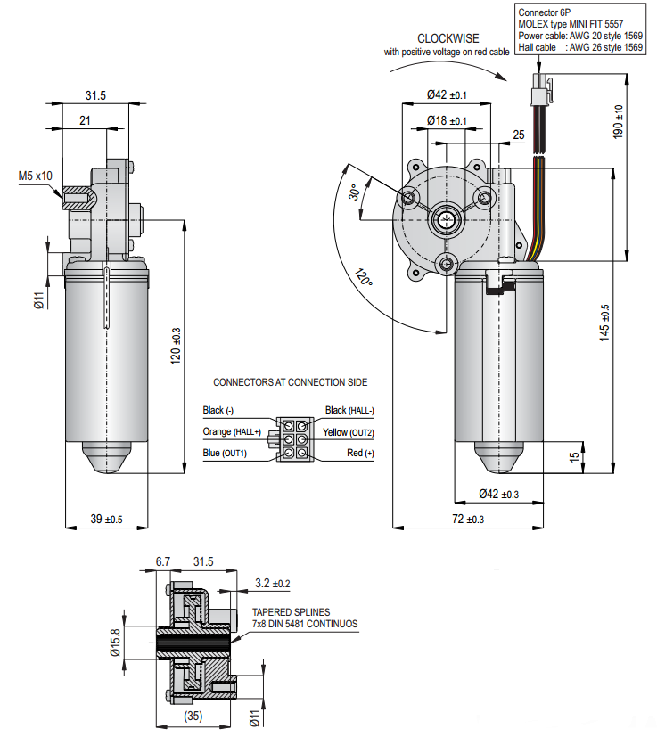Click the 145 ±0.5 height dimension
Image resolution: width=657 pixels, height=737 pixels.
(605, 323)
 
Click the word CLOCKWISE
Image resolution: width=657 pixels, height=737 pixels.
(448, 38)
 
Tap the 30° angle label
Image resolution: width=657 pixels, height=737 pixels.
(354, 194)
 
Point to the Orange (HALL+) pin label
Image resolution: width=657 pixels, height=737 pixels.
(233, 432)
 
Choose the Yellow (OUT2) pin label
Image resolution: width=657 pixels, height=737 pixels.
(349, 432)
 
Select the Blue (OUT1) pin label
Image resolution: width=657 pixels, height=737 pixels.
(225, 454)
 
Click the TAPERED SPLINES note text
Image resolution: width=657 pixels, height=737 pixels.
(291, 612)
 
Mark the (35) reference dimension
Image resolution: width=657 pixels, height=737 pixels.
(191, 716)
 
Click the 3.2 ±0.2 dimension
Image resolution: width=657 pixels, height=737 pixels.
(272, 584)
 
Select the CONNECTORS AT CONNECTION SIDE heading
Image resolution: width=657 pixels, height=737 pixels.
(290, 382)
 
